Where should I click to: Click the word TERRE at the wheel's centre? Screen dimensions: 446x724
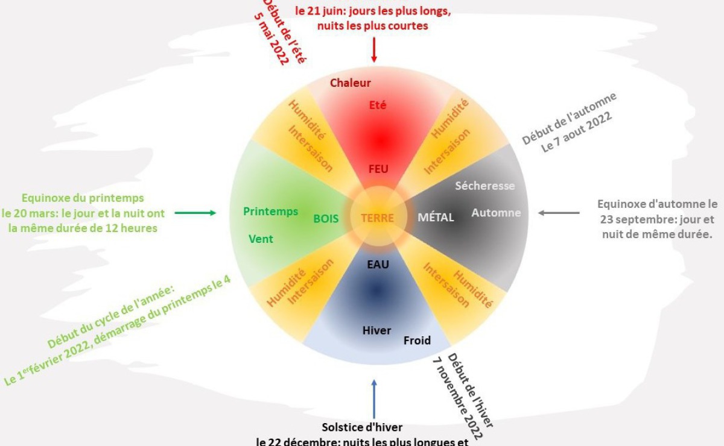(x=378, y=218)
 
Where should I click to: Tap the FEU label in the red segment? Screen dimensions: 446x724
(x=378, y=169)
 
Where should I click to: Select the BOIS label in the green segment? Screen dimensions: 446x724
(x=326, y=219)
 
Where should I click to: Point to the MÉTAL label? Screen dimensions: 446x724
(x=436, y=218)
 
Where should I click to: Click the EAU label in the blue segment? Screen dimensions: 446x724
(x=378, y=264)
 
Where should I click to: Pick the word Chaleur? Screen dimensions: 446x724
(x=351, y=83)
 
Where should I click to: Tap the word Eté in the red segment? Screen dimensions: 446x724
(x=378, y=105)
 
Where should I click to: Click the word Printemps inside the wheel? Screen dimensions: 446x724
(x=270, y=211)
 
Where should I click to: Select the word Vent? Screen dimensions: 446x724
(x=261, y=239)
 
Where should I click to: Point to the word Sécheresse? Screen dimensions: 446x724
(x=485, y=186)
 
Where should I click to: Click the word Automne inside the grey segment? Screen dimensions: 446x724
(x=496, y=213)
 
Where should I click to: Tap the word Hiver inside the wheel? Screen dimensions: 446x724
(x=376, y=330)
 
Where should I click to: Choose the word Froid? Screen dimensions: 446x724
(x=417, y=341)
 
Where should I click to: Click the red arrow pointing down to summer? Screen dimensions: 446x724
(x=374, y=49)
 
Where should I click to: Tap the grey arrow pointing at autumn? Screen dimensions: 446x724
(x=559, y=213)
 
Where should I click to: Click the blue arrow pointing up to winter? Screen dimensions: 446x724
(x=374, y=398)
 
